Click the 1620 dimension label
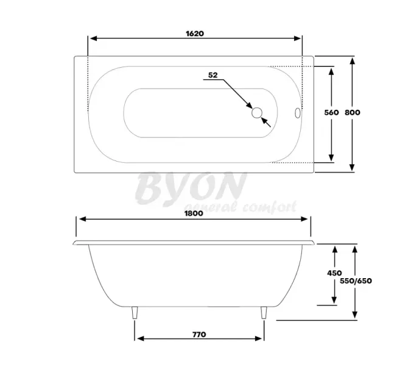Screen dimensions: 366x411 click(195, 34)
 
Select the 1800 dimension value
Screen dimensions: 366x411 click(194, 213)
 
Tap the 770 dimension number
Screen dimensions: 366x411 click(198, 334)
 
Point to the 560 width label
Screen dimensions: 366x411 click(331, 113)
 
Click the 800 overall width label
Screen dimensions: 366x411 click(353, 113)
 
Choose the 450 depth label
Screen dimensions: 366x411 click(334, 273)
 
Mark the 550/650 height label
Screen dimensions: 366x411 click(356, 281)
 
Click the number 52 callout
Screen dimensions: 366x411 click(213, 75)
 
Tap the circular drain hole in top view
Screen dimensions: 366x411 click(256, 112)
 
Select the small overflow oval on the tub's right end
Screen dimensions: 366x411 click(297, 113)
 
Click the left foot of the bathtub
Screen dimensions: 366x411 click(134, 313)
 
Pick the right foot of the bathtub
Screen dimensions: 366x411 click(264, 313)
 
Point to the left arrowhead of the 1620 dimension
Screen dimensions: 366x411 click(92, 38)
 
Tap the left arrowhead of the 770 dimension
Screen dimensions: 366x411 click(138, 339)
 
